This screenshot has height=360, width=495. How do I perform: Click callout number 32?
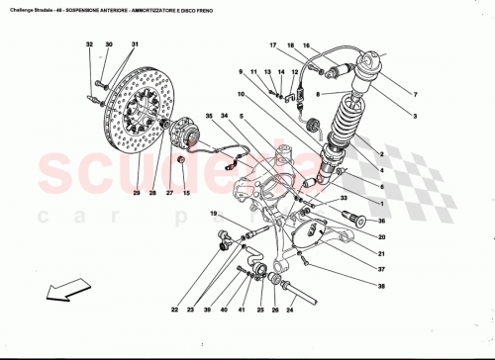point(88,45)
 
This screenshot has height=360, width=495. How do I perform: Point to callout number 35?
point(209,117)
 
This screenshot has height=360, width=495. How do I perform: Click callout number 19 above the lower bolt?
point(212,215)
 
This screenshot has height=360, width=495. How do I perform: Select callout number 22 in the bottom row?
point(174,311)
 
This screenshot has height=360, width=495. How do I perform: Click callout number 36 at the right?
point(381,224)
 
